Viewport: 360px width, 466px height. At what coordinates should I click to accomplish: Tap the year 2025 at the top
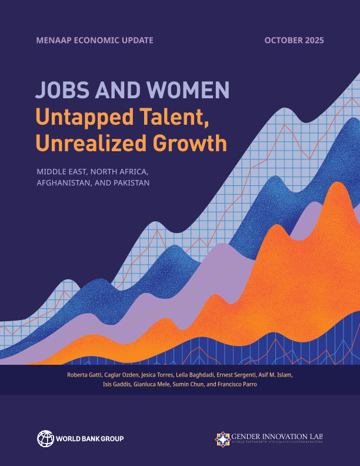click(x=312, y=40)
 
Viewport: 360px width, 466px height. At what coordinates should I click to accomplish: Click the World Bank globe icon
click(x=45, y=438)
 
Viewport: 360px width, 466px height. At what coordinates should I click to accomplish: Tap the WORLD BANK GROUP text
click(x=89, y=439)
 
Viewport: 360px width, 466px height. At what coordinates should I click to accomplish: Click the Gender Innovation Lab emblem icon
click(x=223, y=439)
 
